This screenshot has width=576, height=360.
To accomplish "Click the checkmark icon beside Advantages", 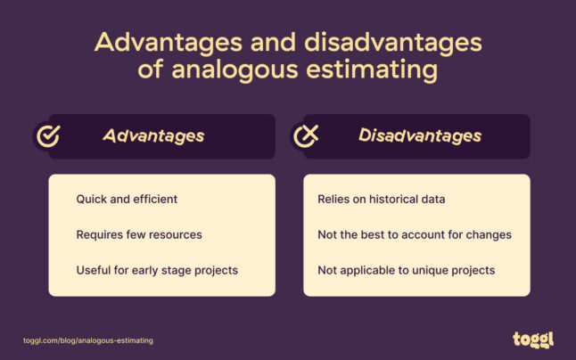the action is click(x=48, y=136).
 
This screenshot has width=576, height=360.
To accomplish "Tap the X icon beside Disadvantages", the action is click(x=306, y=136).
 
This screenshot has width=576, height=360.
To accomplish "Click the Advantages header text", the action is click(x=153, y=136).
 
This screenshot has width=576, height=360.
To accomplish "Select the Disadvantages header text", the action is click(x=420, y=136).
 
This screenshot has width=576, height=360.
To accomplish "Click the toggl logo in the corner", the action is click(x=533, y=340).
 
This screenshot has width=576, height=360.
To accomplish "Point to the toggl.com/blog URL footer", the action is click(x=88, y=340).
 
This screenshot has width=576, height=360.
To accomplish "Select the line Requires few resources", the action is click(x=139, y=235).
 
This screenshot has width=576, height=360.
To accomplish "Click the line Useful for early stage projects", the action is click(x=157, y=271).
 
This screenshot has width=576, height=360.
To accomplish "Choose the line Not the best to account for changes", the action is click(x=415, y=235).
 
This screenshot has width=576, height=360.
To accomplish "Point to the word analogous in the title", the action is click(x=235, y=70).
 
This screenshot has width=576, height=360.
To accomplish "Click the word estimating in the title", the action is click(x=372, y=70).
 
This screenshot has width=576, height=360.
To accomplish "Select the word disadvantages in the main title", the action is click(x=393, y=43).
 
